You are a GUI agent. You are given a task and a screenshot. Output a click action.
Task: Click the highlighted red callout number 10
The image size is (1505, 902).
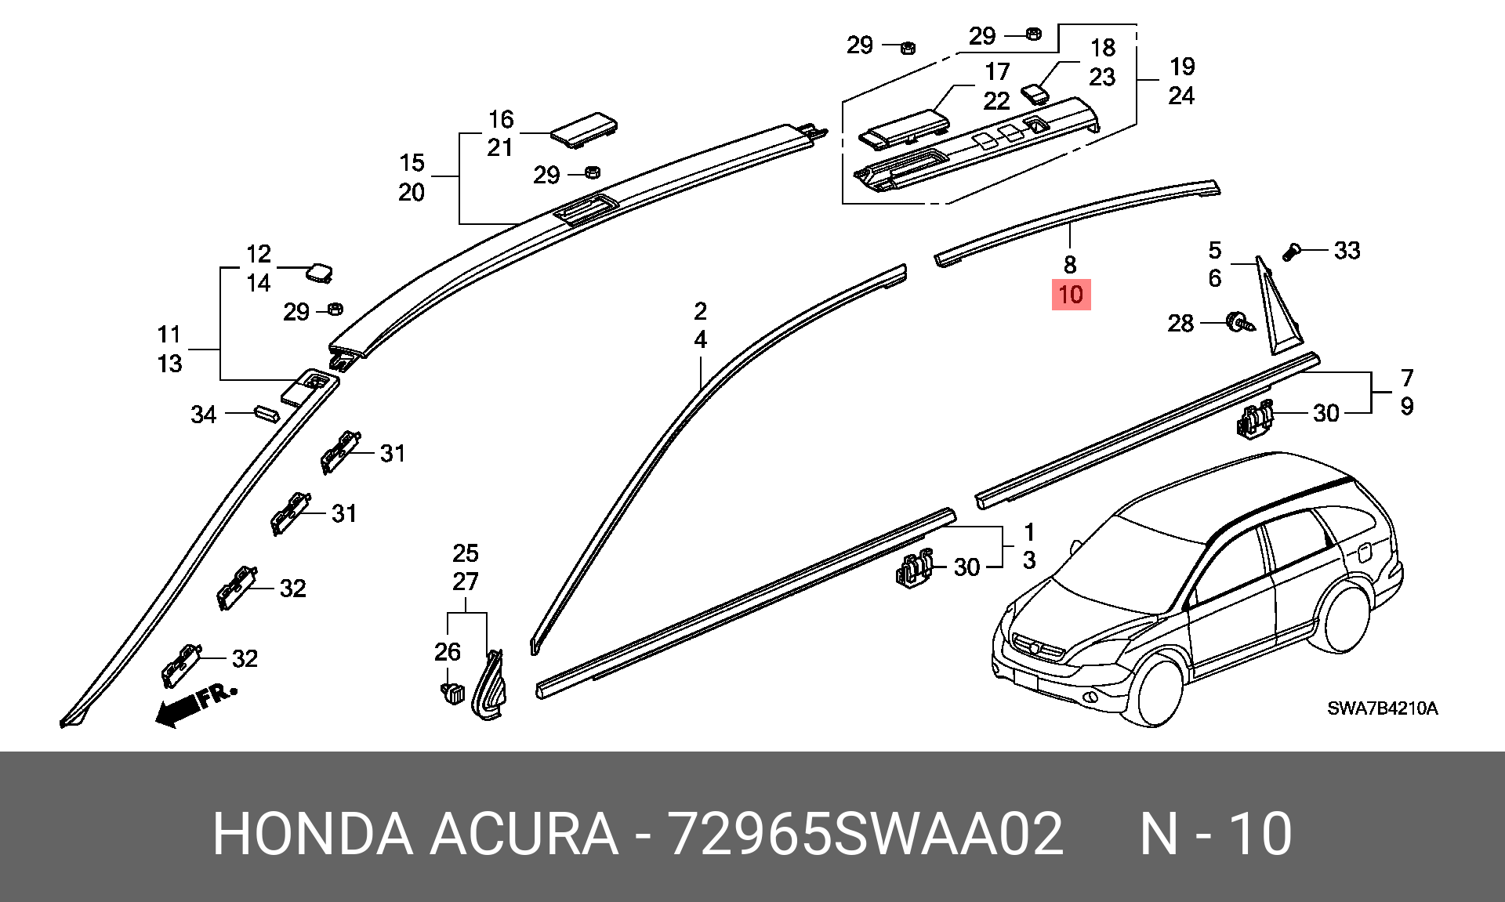coord(1071,295)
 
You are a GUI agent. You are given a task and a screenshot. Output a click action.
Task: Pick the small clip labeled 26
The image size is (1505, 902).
coord(451,693)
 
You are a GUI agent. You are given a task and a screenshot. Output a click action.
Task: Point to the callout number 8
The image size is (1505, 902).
coord(1070,264)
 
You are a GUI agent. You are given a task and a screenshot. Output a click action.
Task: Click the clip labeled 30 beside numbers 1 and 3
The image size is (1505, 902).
coord(915,567)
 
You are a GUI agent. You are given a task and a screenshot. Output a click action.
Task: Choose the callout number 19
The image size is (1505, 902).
coord(1182,67)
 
